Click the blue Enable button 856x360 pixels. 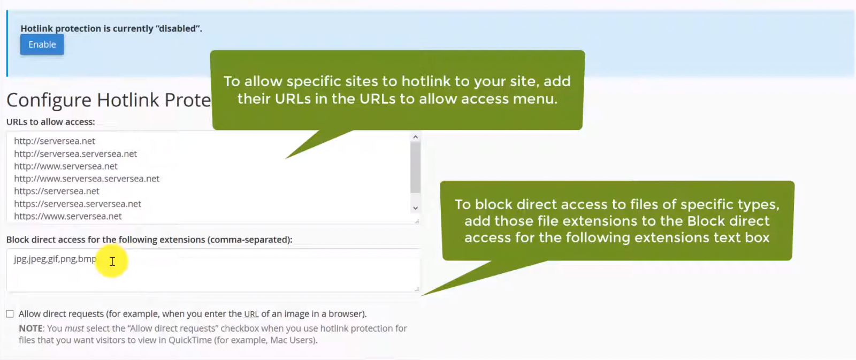pyautogui.click(x=42, y=44)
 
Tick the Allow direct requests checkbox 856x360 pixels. pyautogui.click(x=10, y=314)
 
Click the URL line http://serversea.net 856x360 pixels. pyautogui.click(x=54, y=141)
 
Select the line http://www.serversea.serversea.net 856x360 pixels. pyautogui.click(x=86, y=179)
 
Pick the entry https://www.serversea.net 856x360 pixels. pyautogui.click(x=67, y=216)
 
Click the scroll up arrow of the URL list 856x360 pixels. pyautogui.click(x=415, y=137)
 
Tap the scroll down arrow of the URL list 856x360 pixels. pyautogui.click(x=415, y=208)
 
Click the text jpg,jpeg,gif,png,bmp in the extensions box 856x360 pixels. pyautogui.click(x=55, y=259)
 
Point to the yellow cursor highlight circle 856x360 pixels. pyautogui.click(x=112, y=261)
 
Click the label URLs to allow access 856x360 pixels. pyautogui.click(x=50, y=121)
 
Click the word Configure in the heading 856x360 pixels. pyautogui.click(x=49, y=101)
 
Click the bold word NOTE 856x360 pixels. pyautogui.click(x=30, y=328)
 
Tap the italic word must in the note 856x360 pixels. pyautogui.click(x=74, y=328)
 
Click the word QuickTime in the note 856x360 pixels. pyautogui.click(x=190, y=340)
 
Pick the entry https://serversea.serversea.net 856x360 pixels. pyautogui.click(x=78, y=204)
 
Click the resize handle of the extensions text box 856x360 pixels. pyautogui.click(x=417, y=289)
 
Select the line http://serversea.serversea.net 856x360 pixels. pyautogui.click(x=75, y=154)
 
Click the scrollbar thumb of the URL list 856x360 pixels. pyautogui.click(x=415, y=167)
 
